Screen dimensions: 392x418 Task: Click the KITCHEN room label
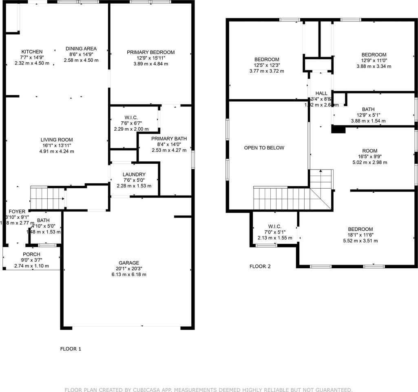click(32, 51)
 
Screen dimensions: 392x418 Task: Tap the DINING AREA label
click(81, 49)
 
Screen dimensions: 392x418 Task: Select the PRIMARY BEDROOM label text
click(150, 52)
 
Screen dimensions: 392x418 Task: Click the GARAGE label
click(129, 263)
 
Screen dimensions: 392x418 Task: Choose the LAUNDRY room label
click(134, 174)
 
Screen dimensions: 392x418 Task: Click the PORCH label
click(31, 254)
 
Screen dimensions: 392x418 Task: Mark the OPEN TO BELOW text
click(264, 148)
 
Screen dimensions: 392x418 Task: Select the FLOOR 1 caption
click(71, 349)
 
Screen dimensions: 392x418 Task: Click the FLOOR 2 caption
click(260, 266)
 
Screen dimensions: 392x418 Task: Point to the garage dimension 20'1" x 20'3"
click(129, 269)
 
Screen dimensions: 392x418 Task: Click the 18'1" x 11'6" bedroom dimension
click(360, 235)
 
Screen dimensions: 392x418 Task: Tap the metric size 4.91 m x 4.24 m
click(57, 151)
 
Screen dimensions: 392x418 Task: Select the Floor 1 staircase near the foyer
click(47, 198)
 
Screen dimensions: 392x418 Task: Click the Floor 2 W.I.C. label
click(275, 226)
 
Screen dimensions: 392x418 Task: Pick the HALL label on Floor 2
click(321, 94)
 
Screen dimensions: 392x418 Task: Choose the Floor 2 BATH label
click(368, 109)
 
